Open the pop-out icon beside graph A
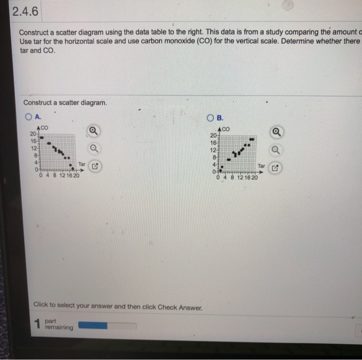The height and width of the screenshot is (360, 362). pyautogui.click(x=95, y=167)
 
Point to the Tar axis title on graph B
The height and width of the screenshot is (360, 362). pyautogui.click(x=261, y=167)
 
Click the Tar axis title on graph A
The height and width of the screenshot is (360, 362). pyautogui.click(x=82, y=164)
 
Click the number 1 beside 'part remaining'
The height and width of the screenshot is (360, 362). pyautogui.click(x=37, y=325)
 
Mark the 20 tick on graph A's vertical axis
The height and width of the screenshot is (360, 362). pyautogui.click(x=33, y=134)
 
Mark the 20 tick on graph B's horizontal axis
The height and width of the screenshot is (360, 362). pyautogui.click(x=254, y=177)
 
